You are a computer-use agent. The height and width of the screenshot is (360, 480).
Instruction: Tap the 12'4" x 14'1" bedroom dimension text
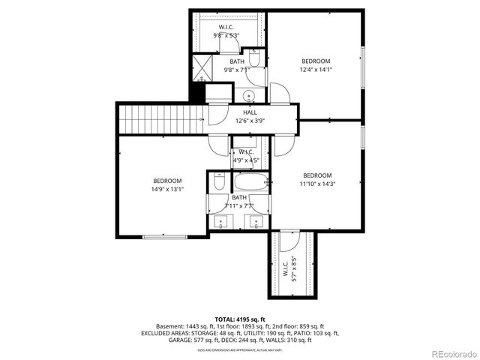(x=316, y=70)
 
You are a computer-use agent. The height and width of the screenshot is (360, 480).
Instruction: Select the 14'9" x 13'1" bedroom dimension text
(x=168, y=189)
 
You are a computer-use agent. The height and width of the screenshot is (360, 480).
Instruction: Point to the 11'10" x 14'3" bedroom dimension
(x=316, y=184)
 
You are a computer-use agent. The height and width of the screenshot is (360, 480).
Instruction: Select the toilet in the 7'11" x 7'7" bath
(x=219, y=181)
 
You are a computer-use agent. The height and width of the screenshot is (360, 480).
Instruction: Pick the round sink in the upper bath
(x=249, y=95)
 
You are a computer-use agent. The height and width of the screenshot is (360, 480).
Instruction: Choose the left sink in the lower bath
(x=222, y=222)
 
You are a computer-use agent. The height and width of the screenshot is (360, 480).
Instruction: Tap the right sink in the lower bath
(x=256, y=222)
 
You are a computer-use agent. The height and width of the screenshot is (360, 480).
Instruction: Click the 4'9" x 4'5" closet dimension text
(x=245, y=160)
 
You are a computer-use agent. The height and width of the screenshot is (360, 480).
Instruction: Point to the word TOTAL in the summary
(x=227, y=318)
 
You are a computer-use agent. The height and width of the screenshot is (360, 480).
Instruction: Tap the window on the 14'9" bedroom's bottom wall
(x=164, y=237)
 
